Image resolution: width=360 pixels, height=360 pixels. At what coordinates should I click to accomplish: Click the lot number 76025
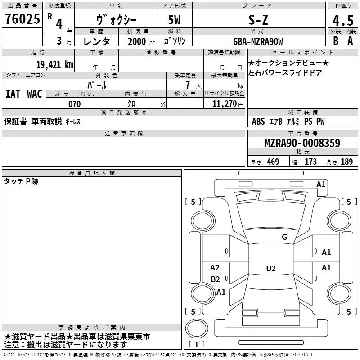pos(22,18)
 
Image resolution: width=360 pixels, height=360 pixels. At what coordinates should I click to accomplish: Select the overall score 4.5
pos(343,20)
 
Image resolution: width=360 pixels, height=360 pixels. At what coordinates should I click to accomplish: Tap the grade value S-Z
pos(258,20)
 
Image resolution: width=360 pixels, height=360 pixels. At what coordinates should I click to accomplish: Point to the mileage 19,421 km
pos(54,64)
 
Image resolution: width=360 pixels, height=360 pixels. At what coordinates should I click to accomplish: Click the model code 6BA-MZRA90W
pos(258,41)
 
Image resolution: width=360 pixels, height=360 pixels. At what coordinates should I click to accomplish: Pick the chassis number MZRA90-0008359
pos(302,143)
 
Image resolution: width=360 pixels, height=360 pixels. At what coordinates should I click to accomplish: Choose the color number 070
pos(74,104)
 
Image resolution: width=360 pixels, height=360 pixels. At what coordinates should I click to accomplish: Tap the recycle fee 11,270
pos(224,104)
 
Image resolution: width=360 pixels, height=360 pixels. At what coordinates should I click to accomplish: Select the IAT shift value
pos(13,94)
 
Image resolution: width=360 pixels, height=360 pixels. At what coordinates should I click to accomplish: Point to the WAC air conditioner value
pos(35,94)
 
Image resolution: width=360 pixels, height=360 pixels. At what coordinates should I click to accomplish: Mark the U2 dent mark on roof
pos(271,268)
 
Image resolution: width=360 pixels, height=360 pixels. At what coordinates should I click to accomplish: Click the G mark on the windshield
pos(284,237)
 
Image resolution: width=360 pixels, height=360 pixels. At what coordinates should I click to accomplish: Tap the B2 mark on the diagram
pos(215,279)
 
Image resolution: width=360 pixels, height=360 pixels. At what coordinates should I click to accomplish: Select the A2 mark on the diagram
pos(215,268)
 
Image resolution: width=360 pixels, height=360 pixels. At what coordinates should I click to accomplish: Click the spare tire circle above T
pos(197,328)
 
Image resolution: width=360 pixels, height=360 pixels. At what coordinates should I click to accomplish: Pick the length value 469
pos(273,162)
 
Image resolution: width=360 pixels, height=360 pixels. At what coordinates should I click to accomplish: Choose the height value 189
pos(346,162)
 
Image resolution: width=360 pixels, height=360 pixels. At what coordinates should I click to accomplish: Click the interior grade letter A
pos(350,41)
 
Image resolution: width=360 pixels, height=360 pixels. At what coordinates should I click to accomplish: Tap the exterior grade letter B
pos(336,41)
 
